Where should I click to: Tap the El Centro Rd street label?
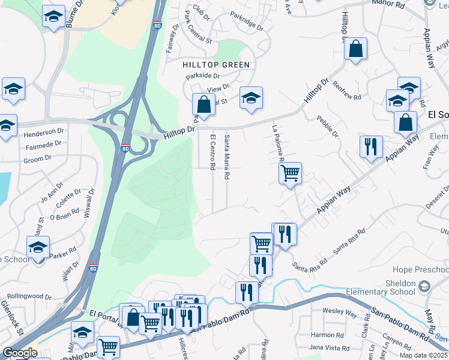212,152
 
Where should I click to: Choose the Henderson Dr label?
44,131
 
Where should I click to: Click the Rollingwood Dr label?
28,296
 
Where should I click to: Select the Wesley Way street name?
340,313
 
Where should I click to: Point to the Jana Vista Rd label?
329,347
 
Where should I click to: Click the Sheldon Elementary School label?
381,287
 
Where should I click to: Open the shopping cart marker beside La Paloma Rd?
291,173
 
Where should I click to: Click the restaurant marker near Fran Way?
371,146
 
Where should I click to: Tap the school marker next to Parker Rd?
38,247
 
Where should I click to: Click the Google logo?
19,353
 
